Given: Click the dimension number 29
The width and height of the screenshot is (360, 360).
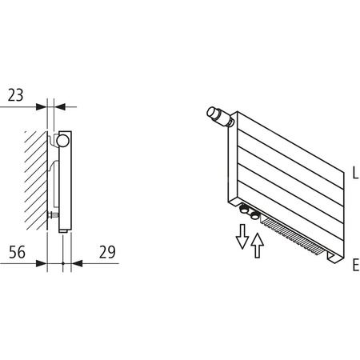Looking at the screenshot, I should [106, 251].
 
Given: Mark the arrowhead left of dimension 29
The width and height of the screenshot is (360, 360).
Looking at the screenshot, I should [77, 264].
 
